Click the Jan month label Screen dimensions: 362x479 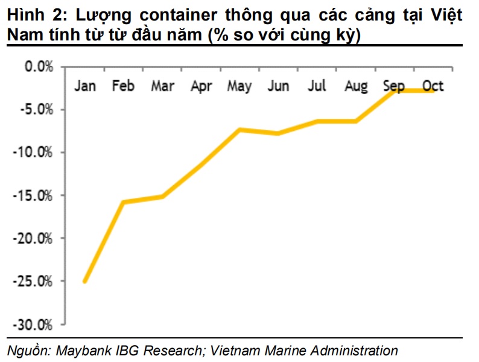pos(85,86)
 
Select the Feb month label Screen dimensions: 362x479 pos(123,86)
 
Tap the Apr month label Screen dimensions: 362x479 pos(201,86)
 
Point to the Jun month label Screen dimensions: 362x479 pos(278,86)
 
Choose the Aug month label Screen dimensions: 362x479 pos(356,86)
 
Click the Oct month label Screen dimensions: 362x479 pos(433,86)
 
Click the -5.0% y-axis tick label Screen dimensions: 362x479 pos(36,109)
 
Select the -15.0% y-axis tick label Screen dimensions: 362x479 pos(33,195)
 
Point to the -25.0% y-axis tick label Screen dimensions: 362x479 pos(33,281)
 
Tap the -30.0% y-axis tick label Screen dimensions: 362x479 pos(33,325)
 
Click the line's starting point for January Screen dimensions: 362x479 pos(85,281)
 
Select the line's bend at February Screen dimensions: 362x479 pos(124,202)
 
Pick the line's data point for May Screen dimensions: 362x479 pos(240,129)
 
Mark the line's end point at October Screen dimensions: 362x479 pos(433,91)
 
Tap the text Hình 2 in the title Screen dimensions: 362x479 pos(30,16)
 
